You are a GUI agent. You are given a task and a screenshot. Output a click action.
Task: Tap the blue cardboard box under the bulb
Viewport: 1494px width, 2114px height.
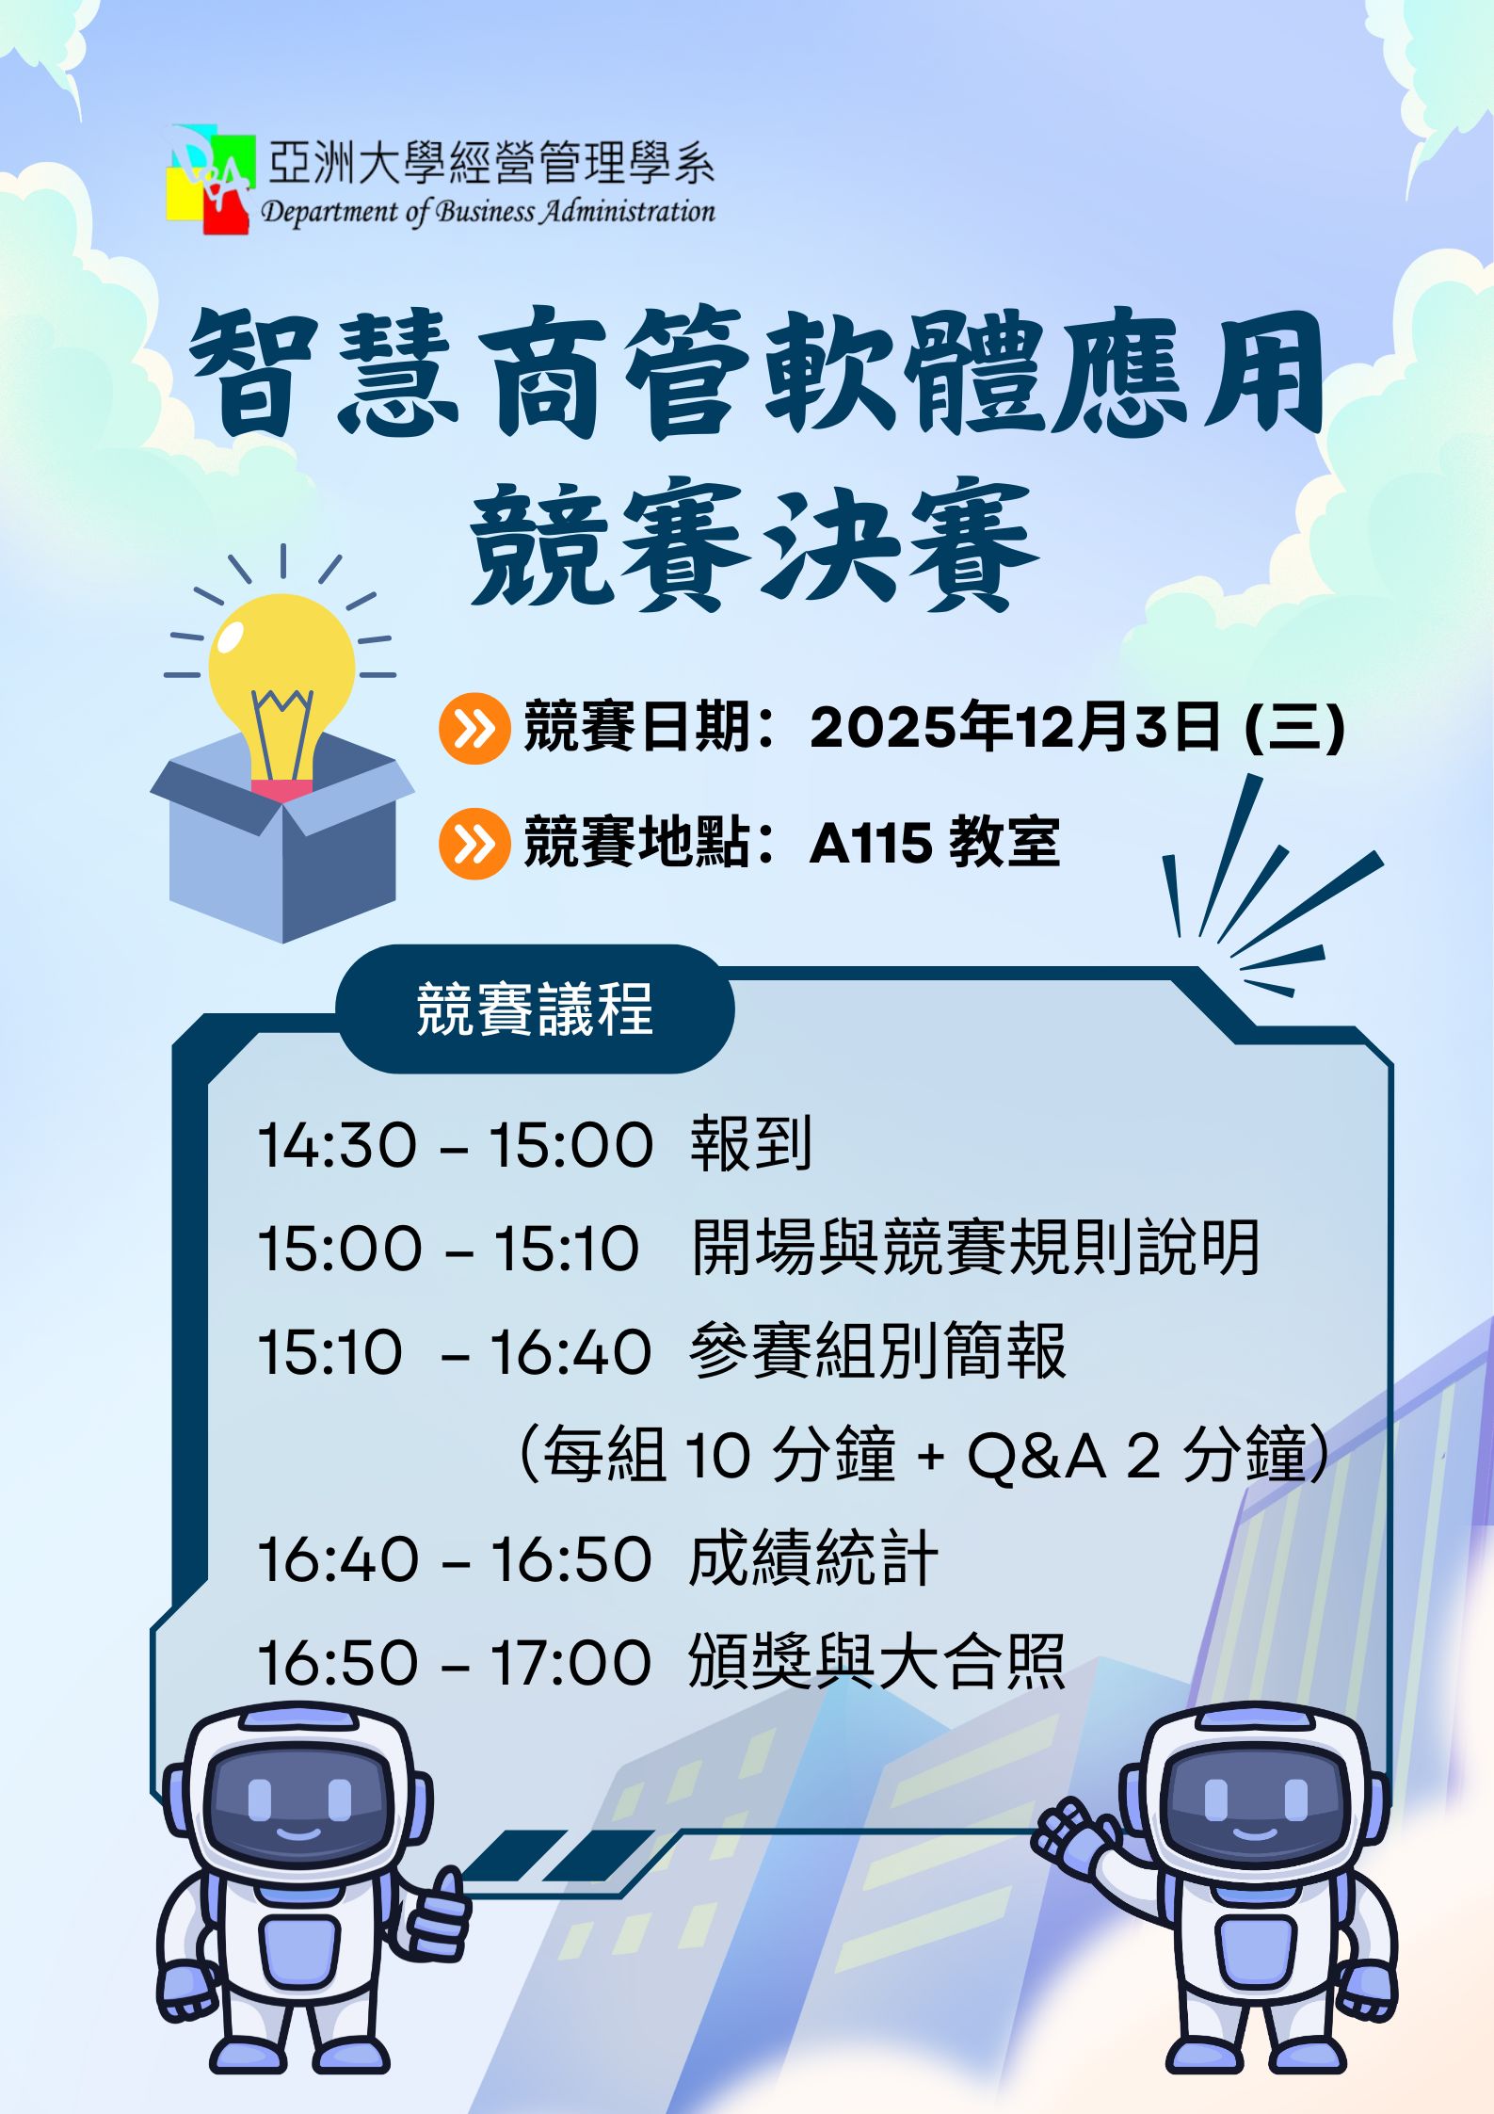(281, 857)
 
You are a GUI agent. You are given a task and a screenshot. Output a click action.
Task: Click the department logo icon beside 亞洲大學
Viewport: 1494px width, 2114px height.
(211, 179)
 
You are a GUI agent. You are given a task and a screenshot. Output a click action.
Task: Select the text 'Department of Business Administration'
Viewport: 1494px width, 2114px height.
(488, 212)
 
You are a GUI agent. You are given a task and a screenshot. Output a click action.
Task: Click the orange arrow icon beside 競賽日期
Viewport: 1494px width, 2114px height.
(474, 728)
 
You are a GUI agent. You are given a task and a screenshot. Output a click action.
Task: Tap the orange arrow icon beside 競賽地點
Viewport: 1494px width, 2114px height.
(474, 844)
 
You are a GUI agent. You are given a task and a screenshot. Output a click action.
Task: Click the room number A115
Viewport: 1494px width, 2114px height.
(870, 844)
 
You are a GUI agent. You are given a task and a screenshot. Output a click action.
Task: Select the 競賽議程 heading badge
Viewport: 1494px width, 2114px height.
(535, 1009)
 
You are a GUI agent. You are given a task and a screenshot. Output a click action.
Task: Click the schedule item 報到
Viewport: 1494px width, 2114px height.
(750, 1145)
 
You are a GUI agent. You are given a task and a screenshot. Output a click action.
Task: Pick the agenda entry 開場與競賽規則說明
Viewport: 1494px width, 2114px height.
(974, 1249)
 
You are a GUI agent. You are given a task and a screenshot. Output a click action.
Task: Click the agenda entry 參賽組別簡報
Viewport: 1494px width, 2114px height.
(877, 1352)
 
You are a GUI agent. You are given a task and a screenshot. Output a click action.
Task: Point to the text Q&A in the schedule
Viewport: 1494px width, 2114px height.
(1036, 1456)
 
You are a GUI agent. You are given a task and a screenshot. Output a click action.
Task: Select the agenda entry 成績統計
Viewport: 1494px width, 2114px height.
(813, 1559)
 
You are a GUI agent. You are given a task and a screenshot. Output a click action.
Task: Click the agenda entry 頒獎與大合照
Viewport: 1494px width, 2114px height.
(876, 1663)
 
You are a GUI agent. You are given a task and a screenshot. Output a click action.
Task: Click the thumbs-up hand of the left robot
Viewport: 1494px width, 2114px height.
(439, 1912)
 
